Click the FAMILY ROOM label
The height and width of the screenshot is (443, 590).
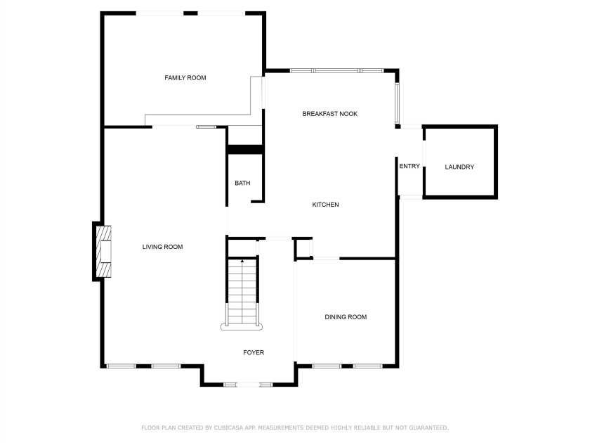[185, 78]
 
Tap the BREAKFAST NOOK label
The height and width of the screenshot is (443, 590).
[330, 114]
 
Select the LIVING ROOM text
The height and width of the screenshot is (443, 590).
[162, 247]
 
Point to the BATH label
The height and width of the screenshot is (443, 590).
[242, 183]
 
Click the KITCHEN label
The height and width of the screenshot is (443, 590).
[325, 205]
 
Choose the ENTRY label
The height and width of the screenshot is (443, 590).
[409, 166]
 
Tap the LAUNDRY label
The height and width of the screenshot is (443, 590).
[459, 167]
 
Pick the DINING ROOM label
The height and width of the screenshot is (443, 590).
[346, 317]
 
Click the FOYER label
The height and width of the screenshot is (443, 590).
[254, 352]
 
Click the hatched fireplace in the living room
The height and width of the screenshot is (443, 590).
[103, 251]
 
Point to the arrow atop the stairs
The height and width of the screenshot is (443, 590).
[242, 261]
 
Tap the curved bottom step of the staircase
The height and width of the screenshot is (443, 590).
[242, 328]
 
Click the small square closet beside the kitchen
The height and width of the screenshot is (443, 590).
[303, 248]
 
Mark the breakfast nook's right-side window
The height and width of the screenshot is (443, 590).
[397, 103]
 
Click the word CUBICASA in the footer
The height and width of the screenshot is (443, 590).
[228, 428]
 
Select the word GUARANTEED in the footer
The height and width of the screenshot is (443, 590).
[428, 428]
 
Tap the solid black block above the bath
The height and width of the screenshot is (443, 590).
[245, 150]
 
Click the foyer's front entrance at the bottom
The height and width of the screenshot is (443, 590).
[248, 385]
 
